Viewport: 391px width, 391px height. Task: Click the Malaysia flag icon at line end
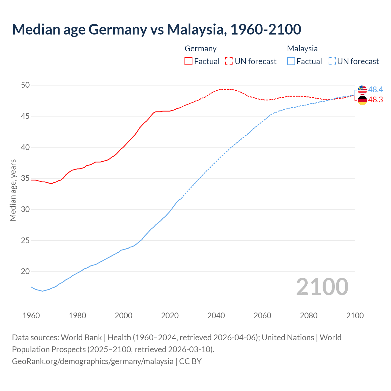click(362, 90)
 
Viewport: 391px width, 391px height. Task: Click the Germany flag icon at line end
click(362, 100)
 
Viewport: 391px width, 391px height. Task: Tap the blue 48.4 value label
click(375, 90)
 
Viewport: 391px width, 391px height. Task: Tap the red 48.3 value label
click(375, 100)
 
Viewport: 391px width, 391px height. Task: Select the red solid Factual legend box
click(188, 61)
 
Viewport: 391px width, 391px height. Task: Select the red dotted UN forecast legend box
click(229, 61)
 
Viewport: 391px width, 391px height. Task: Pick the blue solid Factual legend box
click(291, 61)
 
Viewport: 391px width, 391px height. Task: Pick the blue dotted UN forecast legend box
click(331, 61)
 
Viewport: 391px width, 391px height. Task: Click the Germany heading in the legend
click(200, 49)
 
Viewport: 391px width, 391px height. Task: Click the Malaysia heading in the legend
click(302, 49)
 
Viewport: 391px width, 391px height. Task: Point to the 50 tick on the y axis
click(25, 85)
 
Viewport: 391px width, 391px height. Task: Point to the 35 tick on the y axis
click(25, 178)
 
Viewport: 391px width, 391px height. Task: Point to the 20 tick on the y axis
click(25, 271)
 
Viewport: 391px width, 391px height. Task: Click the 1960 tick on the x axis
click(31, 316)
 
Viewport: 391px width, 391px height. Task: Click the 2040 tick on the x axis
click(216, 316)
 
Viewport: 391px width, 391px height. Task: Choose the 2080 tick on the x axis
click(309, 316)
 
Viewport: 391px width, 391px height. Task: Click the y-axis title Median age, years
click(13, 190)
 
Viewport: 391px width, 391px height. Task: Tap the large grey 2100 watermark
click(322, 287)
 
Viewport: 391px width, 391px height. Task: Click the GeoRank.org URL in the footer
click(93, 361)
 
